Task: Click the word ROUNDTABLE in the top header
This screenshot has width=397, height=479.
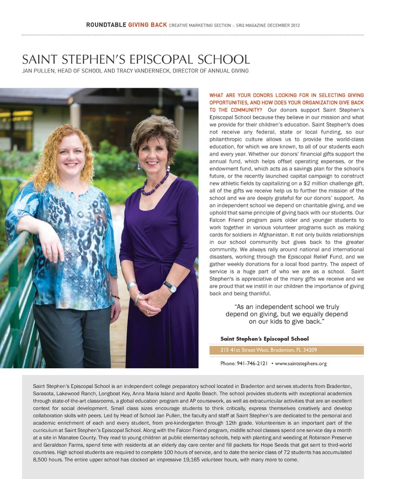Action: tap(106, 25)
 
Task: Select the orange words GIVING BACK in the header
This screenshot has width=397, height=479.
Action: tap(148, 25)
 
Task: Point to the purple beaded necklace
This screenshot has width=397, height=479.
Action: tap(155, 184)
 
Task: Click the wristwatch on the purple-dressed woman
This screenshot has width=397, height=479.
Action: tap(169, 285)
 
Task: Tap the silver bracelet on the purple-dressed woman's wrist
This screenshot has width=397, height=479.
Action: tap(132, 285)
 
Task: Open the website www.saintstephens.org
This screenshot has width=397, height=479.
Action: tap(301, 364)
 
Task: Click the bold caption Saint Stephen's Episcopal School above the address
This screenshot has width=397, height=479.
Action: tap(264, 339)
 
